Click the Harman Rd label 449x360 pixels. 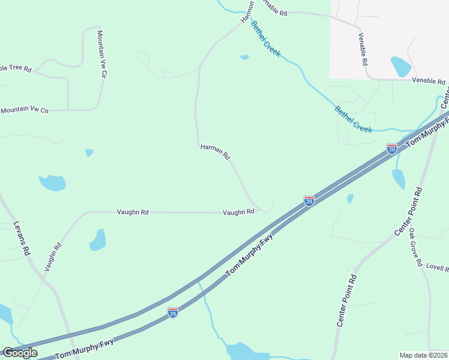pyautogui.click(x=215, y=151)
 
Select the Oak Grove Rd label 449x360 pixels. pyautogui.click(x=414, y=247)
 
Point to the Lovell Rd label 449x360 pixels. pyautogui.click(x=436, y=266)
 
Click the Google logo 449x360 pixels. pyautogui.click(x=20, y=353)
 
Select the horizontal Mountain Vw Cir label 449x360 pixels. pyautogui.click(x=25, y=110)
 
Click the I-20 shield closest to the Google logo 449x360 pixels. pyautogui.click(x=173, y=312)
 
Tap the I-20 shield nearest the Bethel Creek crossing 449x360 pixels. pyautogui.click(x=391, y=148)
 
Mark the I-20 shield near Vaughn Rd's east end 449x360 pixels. pyautogui.click(x=309, y=201)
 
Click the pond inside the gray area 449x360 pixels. pyautogui.click(x=400, y=67)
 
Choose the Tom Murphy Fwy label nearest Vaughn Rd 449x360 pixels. pyautogui.click(x=250, y=255)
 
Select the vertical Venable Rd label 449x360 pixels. pyautogui.click(x=363, y=49)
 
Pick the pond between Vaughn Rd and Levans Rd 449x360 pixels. pyautogui.click(x=98, y=239)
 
